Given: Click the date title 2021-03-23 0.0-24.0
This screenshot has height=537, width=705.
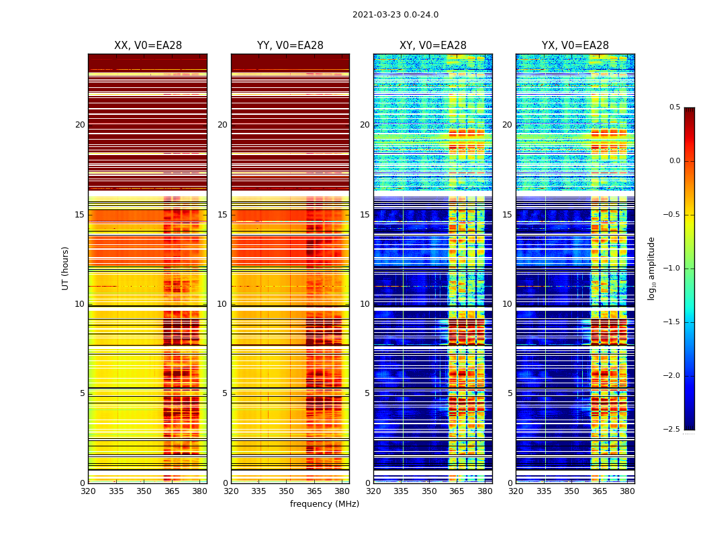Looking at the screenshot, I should coord(395,15).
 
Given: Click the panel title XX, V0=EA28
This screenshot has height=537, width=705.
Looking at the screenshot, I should coord(148,46).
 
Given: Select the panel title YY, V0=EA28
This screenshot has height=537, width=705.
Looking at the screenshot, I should coord(290,46).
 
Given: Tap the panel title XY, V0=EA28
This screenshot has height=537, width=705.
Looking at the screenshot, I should coord(433,46).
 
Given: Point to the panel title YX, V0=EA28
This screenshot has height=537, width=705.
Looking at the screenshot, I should coord(575,46).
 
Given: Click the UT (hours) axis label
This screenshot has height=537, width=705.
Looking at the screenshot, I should coord(66,268).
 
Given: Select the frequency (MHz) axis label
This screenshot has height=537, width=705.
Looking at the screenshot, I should coord(324,504).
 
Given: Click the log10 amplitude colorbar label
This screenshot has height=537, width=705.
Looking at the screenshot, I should coord(651,268).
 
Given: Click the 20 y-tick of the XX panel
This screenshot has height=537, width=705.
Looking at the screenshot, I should coord(80,125).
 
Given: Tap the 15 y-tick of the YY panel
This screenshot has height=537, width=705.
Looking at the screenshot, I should coord(222,215).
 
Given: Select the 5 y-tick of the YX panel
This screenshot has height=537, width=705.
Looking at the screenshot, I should coord(510,393).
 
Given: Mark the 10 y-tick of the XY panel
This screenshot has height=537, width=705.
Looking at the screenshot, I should coord(365,304).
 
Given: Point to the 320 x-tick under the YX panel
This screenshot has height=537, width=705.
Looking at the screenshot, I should coord(516,491).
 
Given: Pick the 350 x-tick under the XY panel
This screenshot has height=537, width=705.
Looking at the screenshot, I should coord(429,491).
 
